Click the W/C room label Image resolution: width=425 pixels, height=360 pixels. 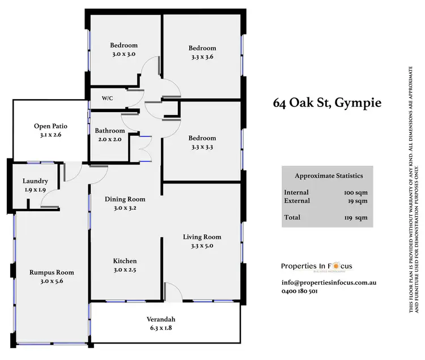pos(108,98)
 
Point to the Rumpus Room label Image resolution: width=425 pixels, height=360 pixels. pos(52,272)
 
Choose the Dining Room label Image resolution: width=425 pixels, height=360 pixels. pos(125,199)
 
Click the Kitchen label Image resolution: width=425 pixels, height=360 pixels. pos(125,261)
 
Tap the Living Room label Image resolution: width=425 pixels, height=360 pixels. pos(202,237)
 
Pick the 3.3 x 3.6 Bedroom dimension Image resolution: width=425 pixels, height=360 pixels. pos(202,57)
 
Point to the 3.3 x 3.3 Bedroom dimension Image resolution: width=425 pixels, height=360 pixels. pos(202,147)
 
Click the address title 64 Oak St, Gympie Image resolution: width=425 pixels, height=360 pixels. pos(328,103)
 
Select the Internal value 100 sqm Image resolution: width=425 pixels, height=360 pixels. pos(356,192)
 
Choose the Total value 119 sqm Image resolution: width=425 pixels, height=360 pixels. pos(356,217)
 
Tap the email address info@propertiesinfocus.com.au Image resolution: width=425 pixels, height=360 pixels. pos(329,282)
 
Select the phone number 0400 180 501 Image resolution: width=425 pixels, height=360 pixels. pos(299,292)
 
